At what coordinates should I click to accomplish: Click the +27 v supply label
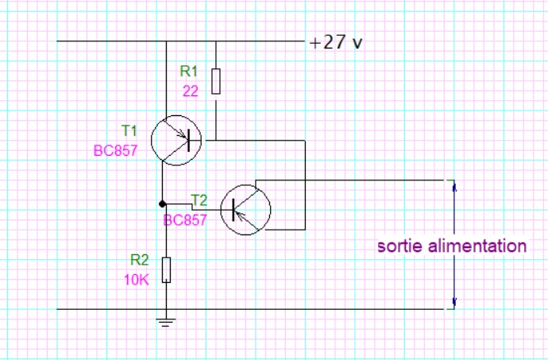tap(335, 42)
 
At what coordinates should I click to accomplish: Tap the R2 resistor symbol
tap(165, 269)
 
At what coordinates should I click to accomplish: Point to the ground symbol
tap(165, 323)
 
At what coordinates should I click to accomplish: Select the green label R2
tap(139, 260)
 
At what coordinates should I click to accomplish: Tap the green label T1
tap(129, 130)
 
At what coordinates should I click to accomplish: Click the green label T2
tap(199, 199)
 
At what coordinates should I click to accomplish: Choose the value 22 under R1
tap(191, 91)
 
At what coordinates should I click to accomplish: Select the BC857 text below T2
tap(185, 220)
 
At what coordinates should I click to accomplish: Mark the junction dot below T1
tap(162, 203)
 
